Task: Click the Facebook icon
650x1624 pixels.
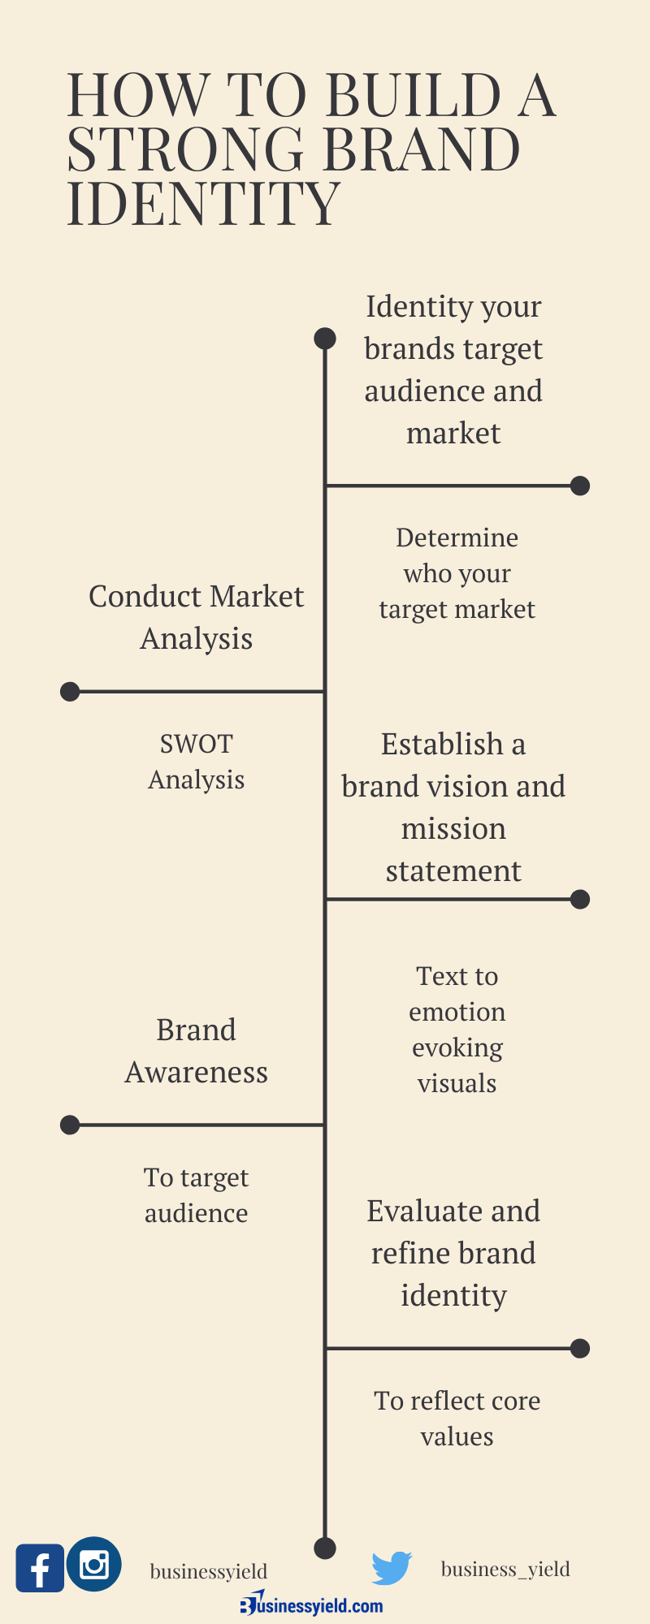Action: [x=40, y=1568]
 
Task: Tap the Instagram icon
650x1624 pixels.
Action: [x=94, y=1564]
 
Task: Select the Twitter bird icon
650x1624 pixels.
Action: [x=392, y=1568]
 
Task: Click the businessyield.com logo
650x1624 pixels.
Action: [x=311, y=1605]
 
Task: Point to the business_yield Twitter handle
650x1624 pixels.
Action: [x=505, y=1569]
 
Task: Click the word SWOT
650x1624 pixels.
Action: [x=197, y=744]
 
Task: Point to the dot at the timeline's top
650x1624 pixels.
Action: [x=325, y=339]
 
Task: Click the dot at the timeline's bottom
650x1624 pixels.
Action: [x=325, y=1548]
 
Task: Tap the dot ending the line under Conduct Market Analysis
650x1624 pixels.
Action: [x=70, y=692]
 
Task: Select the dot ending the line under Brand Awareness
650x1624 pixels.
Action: [x=70, y=1125]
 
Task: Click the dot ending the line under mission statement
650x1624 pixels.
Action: [x=580, y=899]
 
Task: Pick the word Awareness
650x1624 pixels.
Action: [x=197, y=1073]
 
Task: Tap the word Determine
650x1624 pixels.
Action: [x=457, y=538]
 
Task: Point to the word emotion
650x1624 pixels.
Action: [x=457, y=1012]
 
